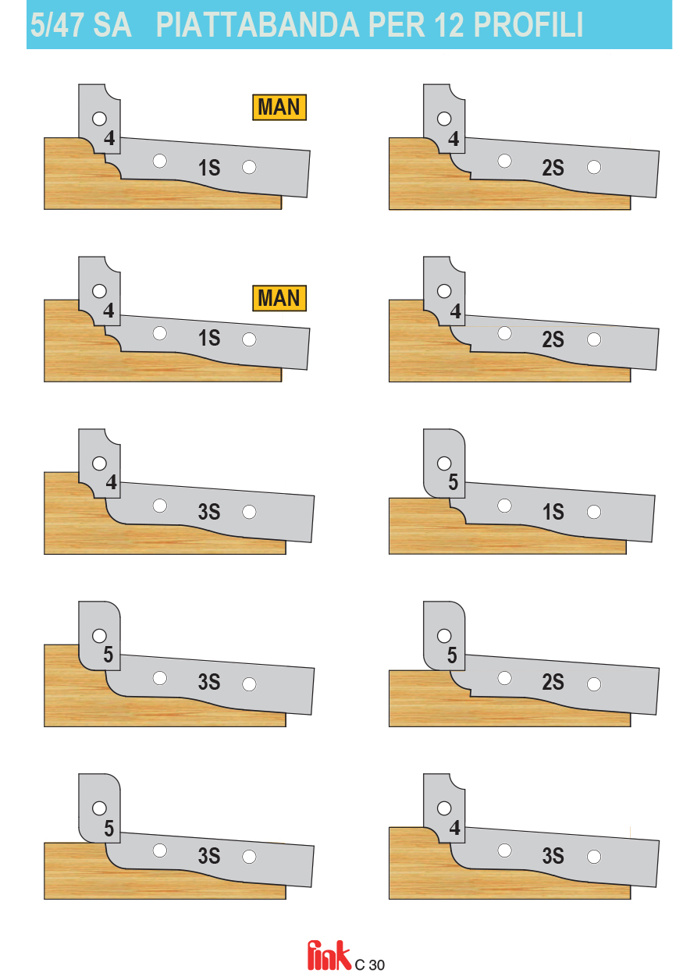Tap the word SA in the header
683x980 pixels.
click(112, 25)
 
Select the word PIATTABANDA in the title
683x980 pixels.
click(258, 25)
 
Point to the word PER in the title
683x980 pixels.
click(397, 25)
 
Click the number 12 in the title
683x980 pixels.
click(449, 25)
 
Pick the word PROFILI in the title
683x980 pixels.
click(528, 25)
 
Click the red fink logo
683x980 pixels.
click(329, 956)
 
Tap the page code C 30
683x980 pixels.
click(369, 964)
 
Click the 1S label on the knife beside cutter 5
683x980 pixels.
click(553, 512)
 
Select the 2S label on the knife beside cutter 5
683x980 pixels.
click(553, 682)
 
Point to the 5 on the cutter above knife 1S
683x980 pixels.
click(453, 481)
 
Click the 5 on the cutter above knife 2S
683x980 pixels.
click(452, 655)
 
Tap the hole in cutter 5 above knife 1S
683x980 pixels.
click(443, 463)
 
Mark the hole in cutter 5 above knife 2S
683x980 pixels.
click(443, 636)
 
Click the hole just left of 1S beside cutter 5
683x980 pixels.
click(504, 506)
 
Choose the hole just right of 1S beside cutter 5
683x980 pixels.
click(594, 512)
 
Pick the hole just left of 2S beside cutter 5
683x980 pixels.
click(504, 678)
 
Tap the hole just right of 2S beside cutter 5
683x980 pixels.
click(594, 684)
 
